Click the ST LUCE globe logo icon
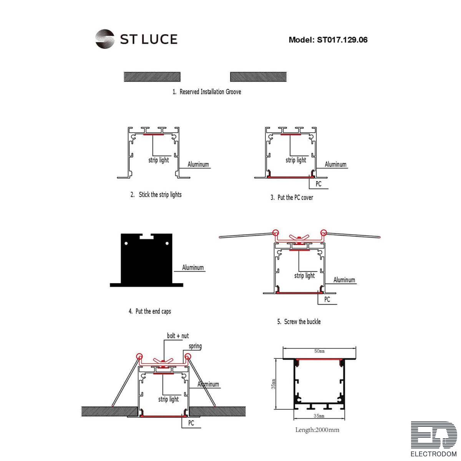[104, 39]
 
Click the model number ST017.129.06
[342, 40]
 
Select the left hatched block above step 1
[152, 77]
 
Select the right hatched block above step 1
[258, 77]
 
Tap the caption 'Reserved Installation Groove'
[210, 92]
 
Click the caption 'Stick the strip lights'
[160, 195]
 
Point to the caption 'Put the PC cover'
[295, 197]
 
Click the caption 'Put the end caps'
[153, 311]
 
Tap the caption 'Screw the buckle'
[302, 322]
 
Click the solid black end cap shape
[146, 260]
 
